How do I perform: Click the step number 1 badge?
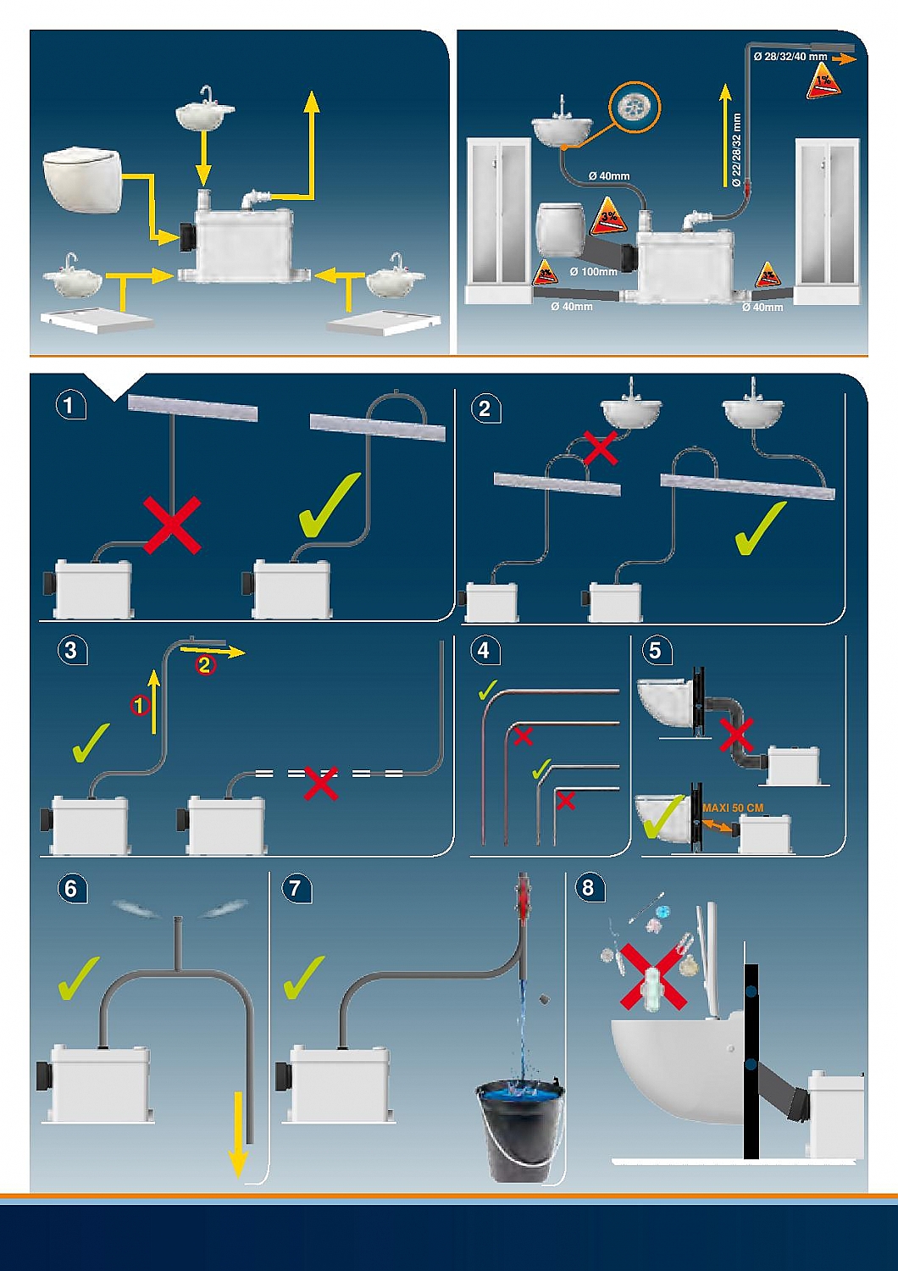tap(69, 405)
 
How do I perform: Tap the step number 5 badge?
tap(654, 650)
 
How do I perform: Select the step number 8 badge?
tap(588, 887)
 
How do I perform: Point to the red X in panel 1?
tap(172, 524)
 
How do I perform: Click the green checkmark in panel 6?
tap(79, 978)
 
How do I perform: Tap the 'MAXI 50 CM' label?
tap(733, 808)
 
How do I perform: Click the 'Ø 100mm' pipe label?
tap(593, 272)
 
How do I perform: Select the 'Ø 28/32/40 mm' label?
tap(790, 57)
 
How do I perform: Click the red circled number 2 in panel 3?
tap(204, 665)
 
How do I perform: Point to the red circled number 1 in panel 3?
tap(140, 705)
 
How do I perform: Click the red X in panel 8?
tap(654, 978)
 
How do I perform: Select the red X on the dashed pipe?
tap(320, 784)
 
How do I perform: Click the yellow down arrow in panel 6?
tap(238, 1134)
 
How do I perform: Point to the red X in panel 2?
tap(601, 447)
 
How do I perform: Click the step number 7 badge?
tap(294, 887)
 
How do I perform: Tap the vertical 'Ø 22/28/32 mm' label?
tap(736, 150)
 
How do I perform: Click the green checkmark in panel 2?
tap(761, 528)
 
